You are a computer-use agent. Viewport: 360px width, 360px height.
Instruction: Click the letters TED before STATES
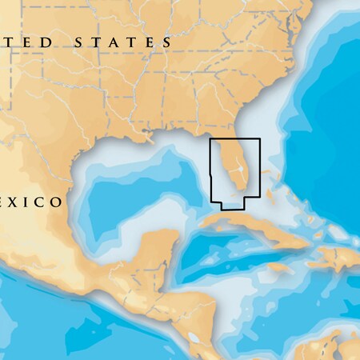coord(28,42)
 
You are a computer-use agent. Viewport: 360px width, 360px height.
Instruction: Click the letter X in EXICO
coord(18,202)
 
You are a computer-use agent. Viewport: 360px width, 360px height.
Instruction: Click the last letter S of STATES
coord(166,42)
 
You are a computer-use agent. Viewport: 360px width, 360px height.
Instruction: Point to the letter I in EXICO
coord(29,202)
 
